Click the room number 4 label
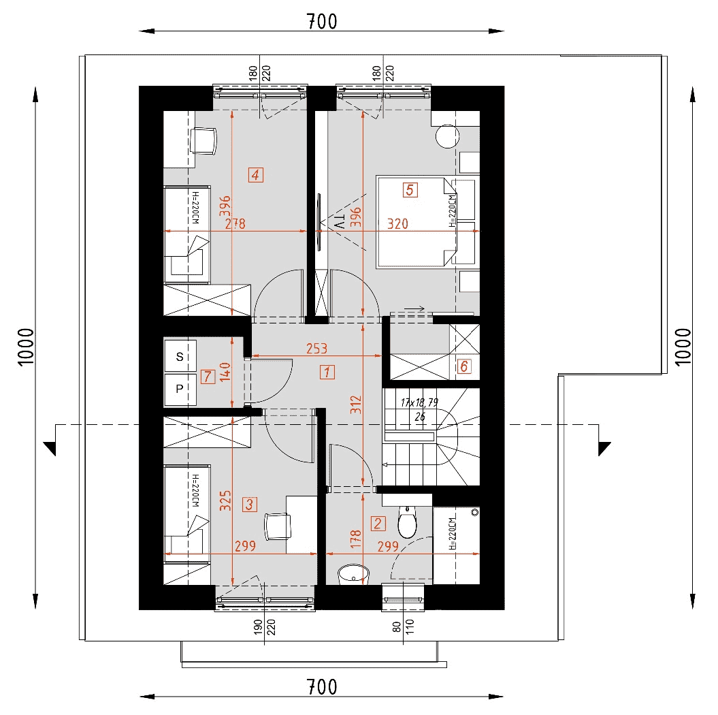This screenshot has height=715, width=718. (255, 174)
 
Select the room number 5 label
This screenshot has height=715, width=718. (410, 189)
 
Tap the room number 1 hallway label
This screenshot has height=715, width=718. (327, 372)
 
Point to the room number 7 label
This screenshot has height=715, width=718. (208, 377)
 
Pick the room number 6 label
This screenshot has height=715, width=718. (464, 366)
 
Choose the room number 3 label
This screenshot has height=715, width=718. (249, 505)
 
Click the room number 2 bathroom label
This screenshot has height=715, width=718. (378, 524)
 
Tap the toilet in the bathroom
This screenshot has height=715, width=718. (406, 522)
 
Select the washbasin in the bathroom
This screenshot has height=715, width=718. (353, 574)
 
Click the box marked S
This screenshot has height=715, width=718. (180, 356)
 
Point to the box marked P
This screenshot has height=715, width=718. (180, 389)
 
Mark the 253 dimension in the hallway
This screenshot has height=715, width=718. (317, 349)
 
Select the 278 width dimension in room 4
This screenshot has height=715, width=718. (235, 223)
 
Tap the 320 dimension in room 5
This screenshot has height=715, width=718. (397, 223)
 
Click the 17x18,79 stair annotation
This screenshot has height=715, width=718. (419, 402)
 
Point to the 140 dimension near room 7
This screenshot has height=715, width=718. (225, 372)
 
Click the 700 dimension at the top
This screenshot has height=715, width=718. (322, 22)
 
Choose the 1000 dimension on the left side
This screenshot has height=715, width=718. (27, 347)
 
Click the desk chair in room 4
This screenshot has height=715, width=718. (203, 141)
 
